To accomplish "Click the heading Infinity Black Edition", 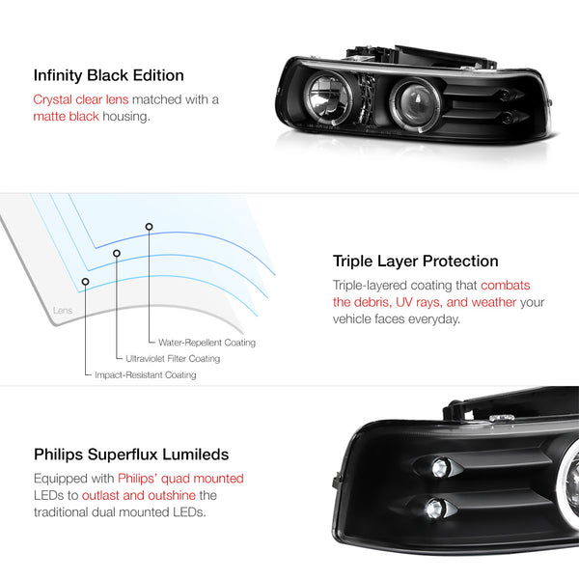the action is pos(108,75).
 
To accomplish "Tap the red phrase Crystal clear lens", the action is pos(81,99).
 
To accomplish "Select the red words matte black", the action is pos(66,117).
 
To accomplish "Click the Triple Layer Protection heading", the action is pos(415,262).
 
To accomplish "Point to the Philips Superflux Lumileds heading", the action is pos(131,455).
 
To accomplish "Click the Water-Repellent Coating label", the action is pos(207,343).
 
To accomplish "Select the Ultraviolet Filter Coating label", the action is pos(173,359).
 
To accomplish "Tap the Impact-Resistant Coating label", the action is pos(146,374).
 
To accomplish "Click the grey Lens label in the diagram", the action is pos(63,310).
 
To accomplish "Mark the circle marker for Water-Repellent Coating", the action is pos(149,227).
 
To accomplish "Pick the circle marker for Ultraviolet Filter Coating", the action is pos(117,253).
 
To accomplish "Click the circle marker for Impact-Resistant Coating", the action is pos(85,282).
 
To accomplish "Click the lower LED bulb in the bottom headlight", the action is pos(435,509).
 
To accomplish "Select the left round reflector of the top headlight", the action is pos(327,97).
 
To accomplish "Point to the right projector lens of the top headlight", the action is pos(416,104).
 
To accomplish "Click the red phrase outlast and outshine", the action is pos(139,495).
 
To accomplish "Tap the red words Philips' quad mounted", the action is pos(181,479).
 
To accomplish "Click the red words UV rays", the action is pos(419,302).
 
